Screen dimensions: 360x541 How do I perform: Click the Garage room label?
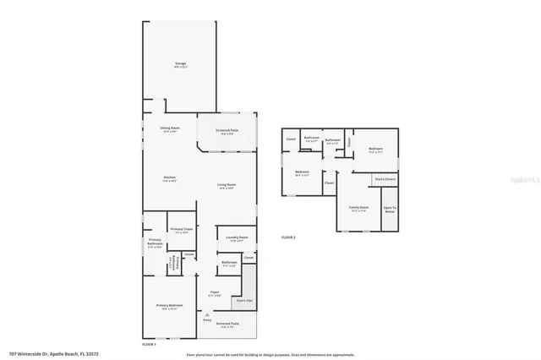[x=180, y=64]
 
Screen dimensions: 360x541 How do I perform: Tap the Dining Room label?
[x=169, y=129]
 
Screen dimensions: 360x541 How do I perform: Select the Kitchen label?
[x=170, y=178]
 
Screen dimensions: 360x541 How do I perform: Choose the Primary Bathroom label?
[x=155, y=243]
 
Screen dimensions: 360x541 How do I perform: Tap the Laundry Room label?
[x=237, y=239]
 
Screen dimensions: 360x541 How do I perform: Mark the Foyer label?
[x=215, y=294]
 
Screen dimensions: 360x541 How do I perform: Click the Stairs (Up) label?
[x=243, y=299]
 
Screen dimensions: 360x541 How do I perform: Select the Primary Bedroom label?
[x=169, y=306]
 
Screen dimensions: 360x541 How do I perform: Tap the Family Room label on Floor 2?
[x=358, y=208]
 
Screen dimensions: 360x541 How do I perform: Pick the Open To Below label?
[x=390, y=209]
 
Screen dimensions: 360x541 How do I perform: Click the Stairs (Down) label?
[x=385, y=179]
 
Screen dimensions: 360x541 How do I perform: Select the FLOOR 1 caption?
[x=150, y=344]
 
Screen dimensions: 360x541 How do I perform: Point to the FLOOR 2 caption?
[x=288, y=238]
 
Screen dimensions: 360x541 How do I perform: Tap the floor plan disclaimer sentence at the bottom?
[x=270, y=354]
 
